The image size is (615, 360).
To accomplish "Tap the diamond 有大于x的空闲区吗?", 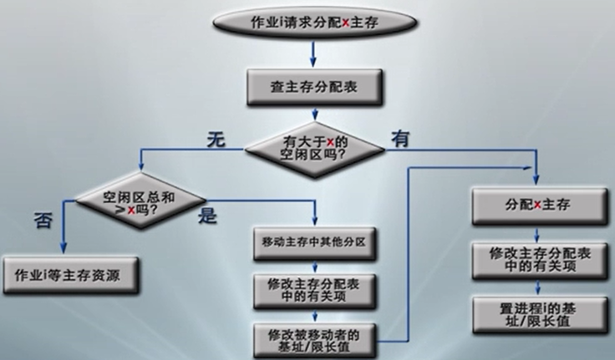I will pos(313,149).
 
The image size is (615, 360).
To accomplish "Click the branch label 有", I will pos(400,139).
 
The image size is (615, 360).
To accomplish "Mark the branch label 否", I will pos(43,221).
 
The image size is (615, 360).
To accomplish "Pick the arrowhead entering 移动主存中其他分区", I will pos(315,221).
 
